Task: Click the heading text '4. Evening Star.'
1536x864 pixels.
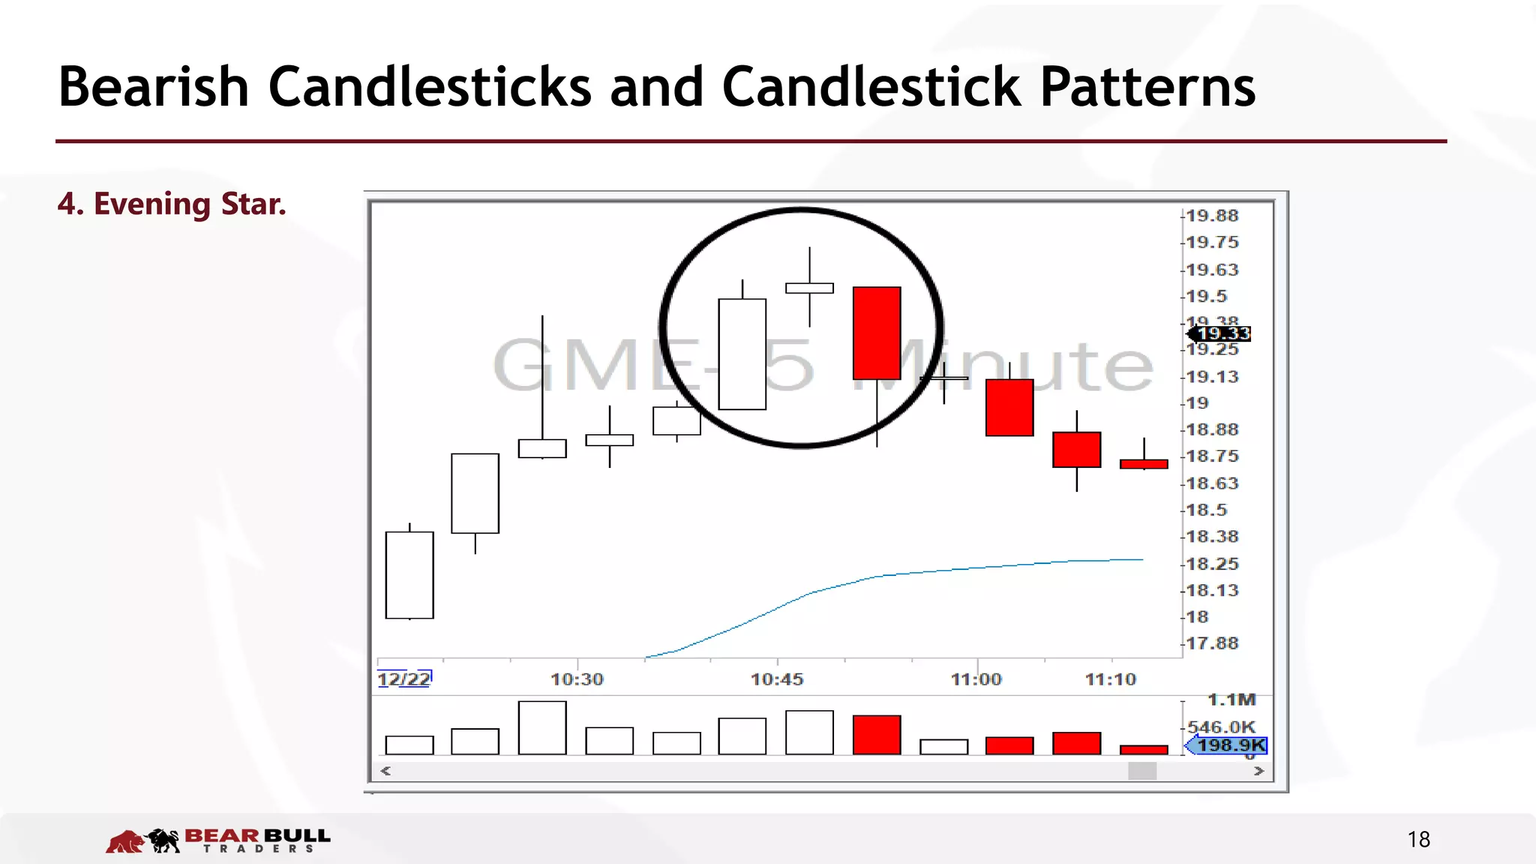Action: click(172, 204)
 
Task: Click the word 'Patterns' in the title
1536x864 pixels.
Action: click(1147, 87)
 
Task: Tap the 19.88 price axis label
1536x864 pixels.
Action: click(1212, 216)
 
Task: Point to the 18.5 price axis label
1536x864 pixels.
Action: click(1206, 510)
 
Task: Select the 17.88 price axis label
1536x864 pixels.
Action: click(1212, 643)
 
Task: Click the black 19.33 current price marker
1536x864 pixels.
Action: click(1222, 334)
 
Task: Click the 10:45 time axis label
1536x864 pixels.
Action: click(777, 679)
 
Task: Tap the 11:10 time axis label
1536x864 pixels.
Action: click(1110, 679)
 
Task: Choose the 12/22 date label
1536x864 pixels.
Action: click(403, 679)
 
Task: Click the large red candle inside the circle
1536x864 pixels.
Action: click(877, 333)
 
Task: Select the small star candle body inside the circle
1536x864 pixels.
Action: click(809, 288)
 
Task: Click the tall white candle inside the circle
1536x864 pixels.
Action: click(742, 354)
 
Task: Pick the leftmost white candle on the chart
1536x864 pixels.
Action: click(409, 575)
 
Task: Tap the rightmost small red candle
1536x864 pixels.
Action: click(1144, 464)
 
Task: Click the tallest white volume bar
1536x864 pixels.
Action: click(542, 727)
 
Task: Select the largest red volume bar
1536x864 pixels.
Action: click(877, 735)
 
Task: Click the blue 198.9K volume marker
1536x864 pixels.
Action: click(1230, 745)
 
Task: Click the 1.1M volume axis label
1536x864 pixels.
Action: click(1231, 700)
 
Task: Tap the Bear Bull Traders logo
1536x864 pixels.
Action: click(218, 840)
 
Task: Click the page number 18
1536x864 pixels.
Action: click(1418, 839)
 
